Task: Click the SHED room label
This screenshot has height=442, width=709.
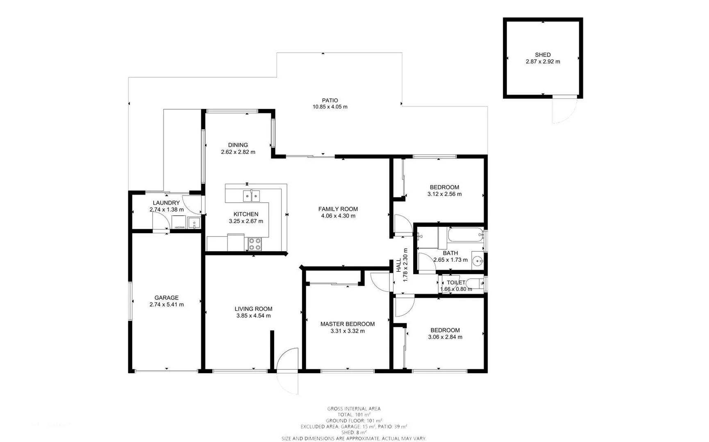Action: coord(543,54)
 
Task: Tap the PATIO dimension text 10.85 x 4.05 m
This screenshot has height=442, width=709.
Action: coord(330,107)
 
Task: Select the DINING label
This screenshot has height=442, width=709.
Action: coord(238,145)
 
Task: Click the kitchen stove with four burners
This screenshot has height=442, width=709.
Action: coord(255,244)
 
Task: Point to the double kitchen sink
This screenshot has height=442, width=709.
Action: coord(251,196)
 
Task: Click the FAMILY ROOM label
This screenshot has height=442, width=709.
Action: coord(338,209)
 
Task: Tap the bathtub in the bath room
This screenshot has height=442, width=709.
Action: coord(465,235)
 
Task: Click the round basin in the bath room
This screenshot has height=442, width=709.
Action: coord(477,260)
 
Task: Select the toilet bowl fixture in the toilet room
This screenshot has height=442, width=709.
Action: coord(475,283)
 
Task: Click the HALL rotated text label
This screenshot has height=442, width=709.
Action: coord(399,265)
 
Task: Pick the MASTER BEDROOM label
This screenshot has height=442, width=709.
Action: coord(347,324)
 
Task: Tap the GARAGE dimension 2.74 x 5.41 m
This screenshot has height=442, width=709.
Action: coord(166,304)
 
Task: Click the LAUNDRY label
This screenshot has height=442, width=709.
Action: coord(166,203)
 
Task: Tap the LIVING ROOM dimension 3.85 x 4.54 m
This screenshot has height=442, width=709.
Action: coord(253,316)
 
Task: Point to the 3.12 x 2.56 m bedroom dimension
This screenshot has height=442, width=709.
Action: coord(444,194)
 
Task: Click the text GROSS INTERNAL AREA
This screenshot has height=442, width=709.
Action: coord(354,408)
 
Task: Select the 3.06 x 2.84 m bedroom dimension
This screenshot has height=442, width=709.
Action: coord(445,337)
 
